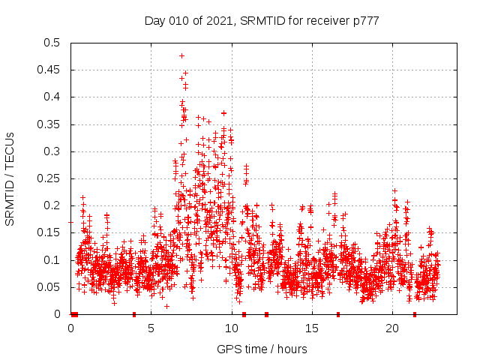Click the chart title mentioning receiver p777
pyautogui.click(x=262, y=21)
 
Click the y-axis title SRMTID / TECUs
pyautogui.click(x=10, y=178)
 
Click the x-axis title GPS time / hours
pyautogui.click(x=262, y=349)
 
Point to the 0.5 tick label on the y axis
pyautogui.click(x=52, y=43)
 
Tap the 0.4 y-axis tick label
pyautogui.click(x=52, y=97)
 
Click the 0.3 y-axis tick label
pyautogui.click(x=52, y=151)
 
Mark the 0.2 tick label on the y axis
pyautogui.click(x=52, y=205)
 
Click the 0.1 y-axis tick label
pyautogui.click(x=52, y=260)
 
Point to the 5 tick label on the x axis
pyautogui.click(x=151, y=328)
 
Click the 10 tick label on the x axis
pyautogui.click(x=232, y=328)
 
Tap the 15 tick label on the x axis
pyautogui.click(x=312, y=328)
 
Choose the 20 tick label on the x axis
pyautogui.click(x=392, y=328)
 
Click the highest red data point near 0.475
pyautogui.click(x=181, y=55)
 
